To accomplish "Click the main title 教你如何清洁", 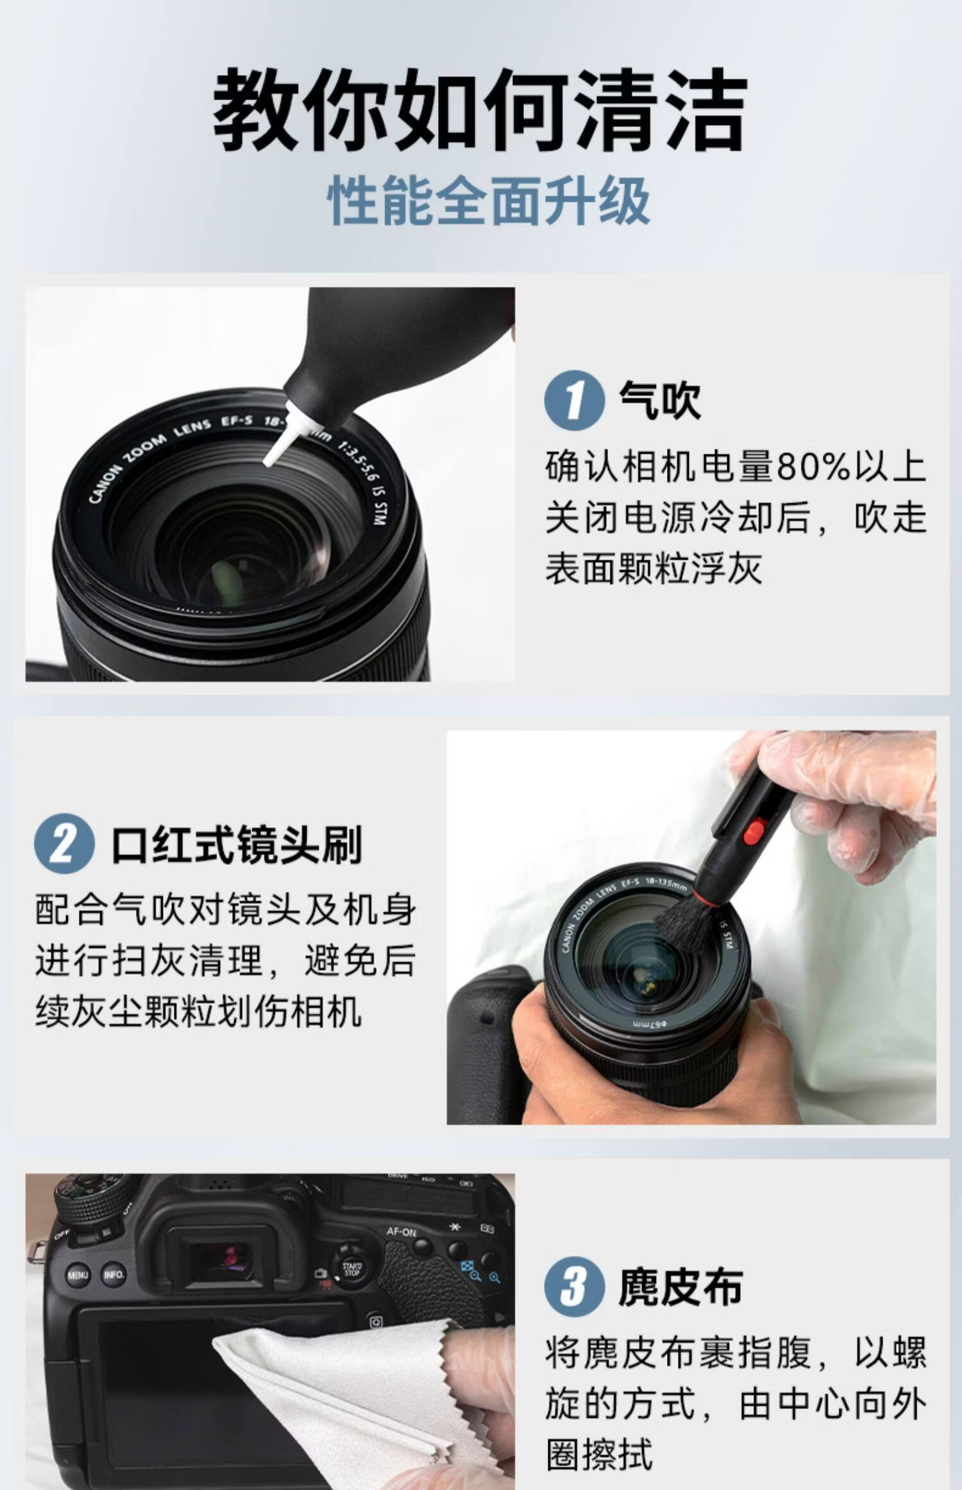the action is [480, 110].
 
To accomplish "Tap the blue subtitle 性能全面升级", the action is [489, 201].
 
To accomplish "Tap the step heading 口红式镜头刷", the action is [237, 843].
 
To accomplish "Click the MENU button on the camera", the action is [78, 1275].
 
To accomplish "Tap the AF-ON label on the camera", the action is [401, 1232].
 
